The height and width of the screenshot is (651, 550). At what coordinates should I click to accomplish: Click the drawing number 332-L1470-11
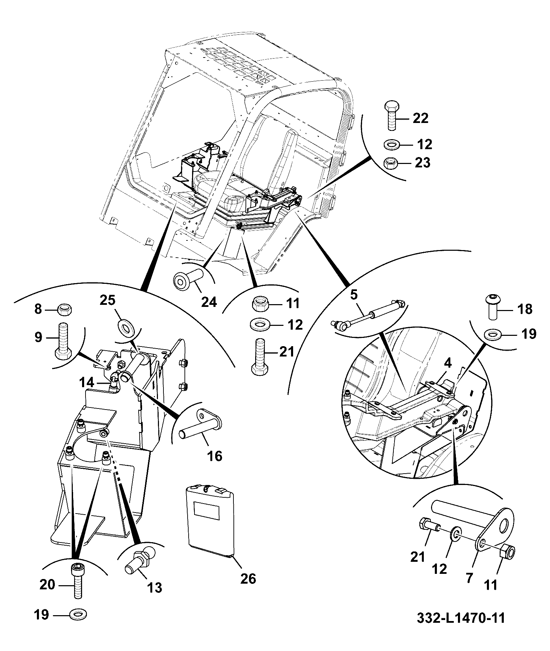coord(461,618)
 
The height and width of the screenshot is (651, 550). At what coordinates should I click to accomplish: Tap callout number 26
coord(248,579)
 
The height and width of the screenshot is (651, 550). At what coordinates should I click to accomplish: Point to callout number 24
coord(209,302)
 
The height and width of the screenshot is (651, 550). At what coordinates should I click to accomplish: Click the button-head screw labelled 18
coord(494,306)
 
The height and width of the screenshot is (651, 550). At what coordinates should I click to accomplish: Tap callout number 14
coord(86,383)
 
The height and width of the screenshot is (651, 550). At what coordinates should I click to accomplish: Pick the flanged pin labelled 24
coord(187,280)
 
